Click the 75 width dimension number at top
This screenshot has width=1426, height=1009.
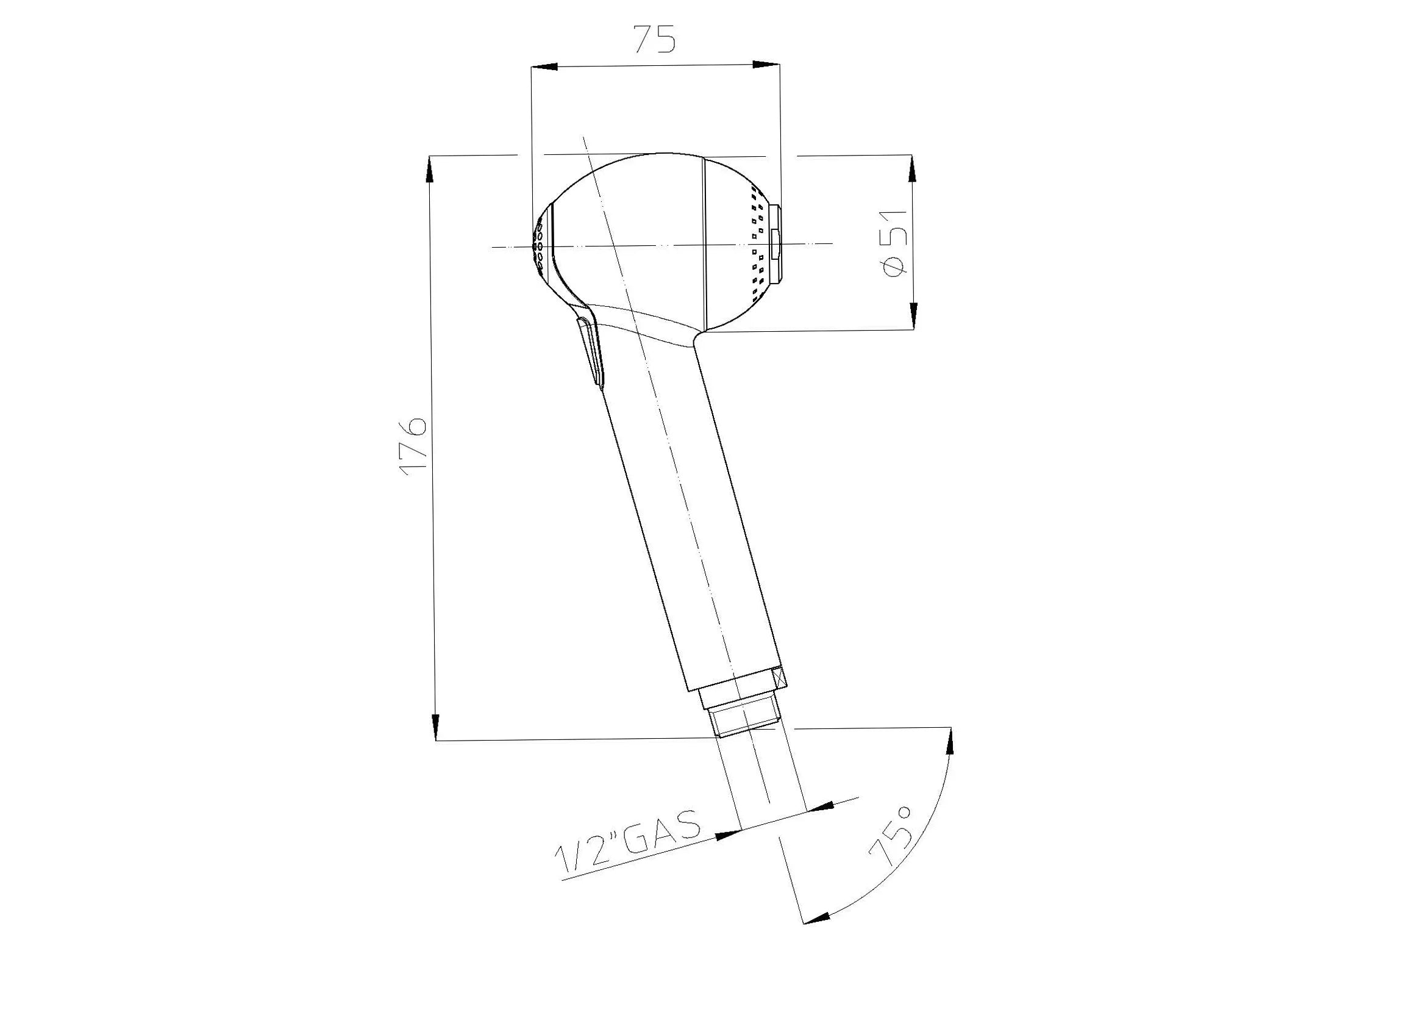654,39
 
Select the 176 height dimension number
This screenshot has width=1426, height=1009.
413,447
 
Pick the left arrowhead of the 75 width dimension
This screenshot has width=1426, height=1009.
544,66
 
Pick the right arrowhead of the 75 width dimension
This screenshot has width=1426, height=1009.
766,64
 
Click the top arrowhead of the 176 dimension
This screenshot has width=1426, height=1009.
429,168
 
